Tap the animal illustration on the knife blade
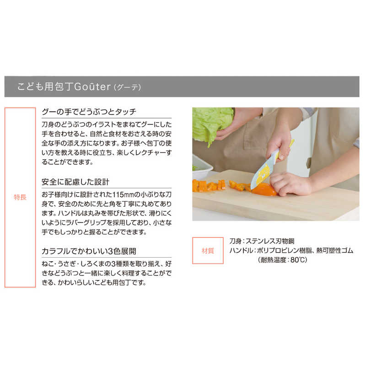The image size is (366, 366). point(264,176)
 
